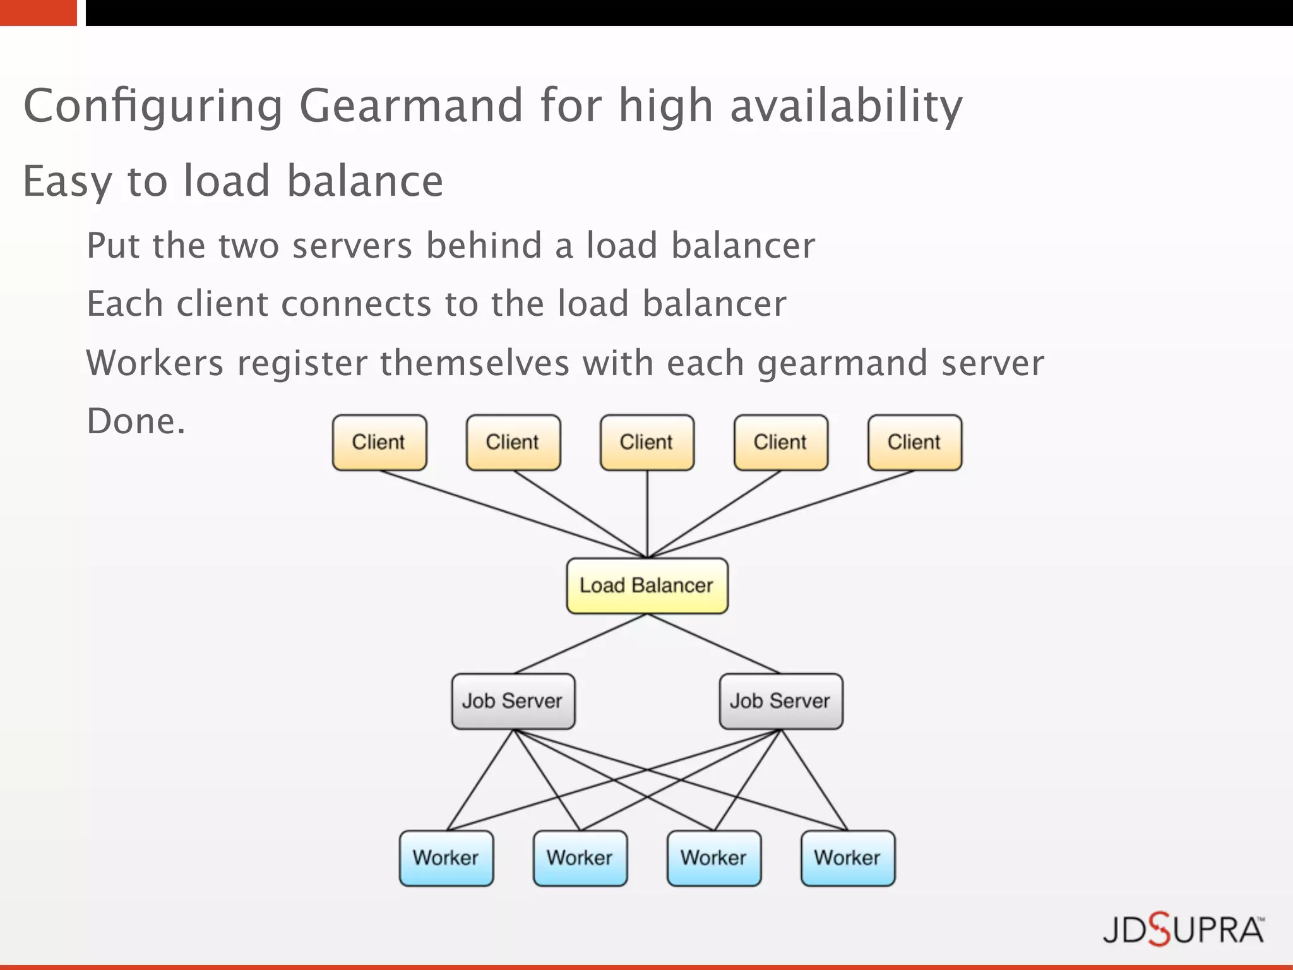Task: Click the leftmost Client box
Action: point(379,442)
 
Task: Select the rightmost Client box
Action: point(914,442)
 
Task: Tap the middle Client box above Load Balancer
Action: point(646,442)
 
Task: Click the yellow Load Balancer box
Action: point(646,585)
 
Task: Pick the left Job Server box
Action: point(513,701)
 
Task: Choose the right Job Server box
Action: point(780,701)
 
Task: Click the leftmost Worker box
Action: point(446,858)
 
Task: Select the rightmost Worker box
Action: point(847,858)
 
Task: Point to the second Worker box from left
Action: point(580,858)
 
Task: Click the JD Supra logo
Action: point(1183,930)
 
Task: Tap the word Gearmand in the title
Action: point(410,106)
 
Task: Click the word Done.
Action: point(135,421)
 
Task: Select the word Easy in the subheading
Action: point(67,182)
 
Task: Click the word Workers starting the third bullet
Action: point(154,363)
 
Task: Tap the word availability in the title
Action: point(846,106)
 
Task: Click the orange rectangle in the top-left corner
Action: point(38,12)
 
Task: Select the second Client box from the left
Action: point(513,442)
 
